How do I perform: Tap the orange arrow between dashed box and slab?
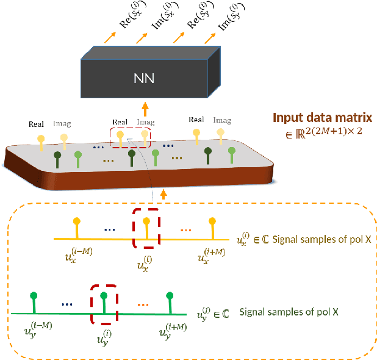163,193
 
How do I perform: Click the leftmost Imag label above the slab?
63,124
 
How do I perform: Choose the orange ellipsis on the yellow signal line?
186,230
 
